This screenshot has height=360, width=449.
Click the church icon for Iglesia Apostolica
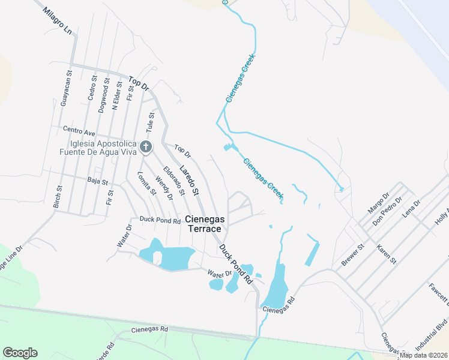click(x=145, y=146)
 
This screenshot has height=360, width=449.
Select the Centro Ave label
click(x=79, y=130)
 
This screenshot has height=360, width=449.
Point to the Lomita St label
click(x=146, y=184)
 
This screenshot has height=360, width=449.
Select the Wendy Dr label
click(x=163, y=187)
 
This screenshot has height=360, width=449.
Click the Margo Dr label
click(x=379, y=203)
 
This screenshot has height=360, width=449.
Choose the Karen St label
click(x=387, y=254)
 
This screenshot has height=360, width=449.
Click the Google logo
click(x=20, y=353)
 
